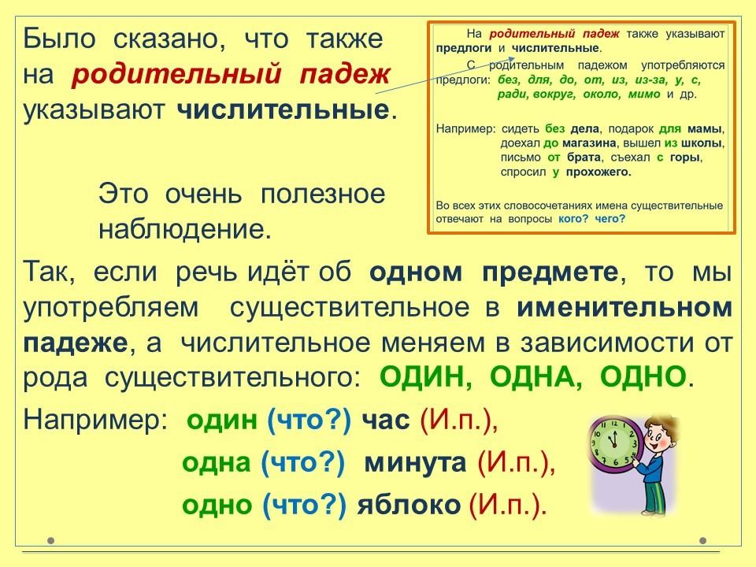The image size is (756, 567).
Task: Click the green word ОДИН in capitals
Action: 424,376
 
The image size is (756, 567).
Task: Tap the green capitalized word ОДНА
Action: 535,376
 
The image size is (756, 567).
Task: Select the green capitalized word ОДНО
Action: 643,376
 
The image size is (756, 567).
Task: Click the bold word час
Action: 386,420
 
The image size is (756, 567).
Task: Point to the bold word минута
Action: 415,463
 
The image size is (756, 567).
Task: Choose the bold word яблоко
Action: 409,505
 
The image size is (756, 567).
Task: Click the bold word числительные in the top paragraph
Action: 283,110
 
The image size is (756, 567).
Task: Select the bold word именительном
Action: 624,308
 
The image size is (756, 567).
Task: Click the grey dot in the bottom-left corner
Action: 51,540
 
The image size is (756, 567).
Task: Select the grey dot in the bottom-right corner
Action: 703,540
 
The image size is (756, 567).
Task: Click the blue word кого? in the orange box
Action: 573,219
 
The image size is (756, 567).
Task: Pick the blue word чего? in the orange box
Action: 610,219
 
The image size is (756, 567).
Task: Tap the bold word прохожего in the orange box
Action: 598,172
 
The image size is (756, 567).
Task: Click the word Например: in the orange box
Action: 465,129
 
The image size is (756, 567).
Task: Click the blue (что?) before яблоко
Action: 304,506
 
